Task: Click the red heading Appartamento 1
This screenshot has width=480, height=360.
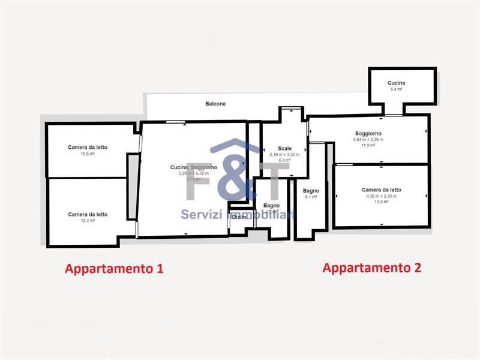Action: (x=114, y=268)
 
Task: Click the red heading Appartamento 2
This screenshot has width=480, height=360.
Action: (x=372, y=268)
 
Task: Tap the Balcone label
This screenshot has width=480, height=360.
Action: (x=215, y=104)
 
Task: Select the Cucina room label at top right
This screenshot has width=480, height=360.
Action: (x=396, y=83)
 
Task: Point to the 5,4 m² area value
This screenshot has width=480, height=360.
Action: (x=396, y=89)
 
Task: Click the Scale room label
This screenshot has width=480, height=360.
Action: (x=284, y=148)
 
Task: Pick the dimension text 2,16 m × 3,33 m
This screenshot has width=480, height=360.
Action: (x=284, y=154)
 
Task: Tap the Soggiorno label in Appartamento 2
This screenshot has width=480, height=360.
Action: (x=368, y=133)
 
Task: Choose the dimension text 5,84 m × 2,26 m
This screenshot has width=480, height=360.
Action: (x=368, y=140)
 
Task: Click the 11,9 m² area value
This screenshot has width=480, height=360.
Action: (x=368, y=145)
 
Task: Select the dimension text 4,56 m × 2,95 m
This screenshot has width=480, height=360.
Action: (x=381, y=196)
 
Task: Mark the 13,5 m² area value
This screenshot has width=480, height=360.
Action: (x=381, y=202)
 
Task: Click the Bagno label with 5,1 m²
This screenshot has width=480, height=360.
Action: (x=311, y=191)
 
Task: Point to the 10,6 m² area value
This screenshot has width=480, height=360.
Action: (x=88, y=154)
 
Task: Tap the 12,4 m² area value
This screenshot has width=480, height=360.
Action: (x=88, y=221)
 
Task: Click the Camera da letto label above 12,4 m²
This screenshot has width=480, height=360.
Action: (x=88, y=214)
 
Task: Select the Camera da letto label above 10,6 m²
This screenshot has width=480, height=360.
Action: (x=88, y=147)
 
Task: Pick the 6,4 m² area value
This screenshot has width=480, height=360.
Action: (x=284, y=160)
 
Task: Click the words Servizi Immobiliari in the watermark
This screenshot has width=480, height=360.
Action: (x=238, y=214)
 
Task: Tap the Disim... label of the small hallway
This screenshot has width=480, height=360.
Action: (x=241, y=217)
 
